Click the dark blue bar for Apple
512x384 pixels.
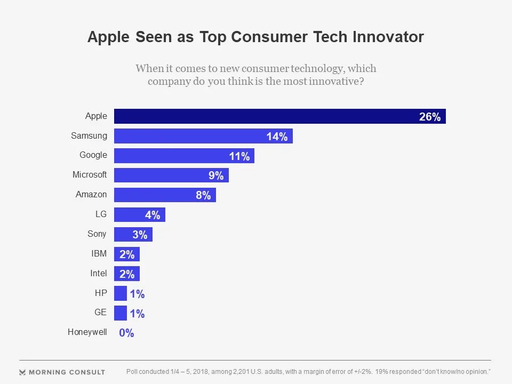(267, 116)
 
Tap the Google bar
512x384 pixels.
(176, 156)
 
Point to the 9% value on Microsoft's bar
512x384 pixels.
(216, 175)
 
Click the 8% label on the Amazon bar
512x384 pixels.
(203, 195)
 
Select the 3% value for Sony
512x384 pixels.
(139, 235)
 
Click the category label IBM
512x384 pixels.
(99, 253)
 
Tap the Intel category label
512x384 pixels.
(98, 273)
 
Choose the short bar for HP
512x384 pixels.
(121, 293)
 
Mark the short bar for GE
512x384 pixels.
(121, 313)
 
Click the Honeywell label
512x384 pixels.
(87, 332)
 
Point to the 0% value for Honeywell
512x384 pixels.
(126, 333)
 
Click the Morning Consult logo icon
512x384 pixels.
(22, 372)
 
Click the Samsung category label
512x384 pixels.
(89, 135)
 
